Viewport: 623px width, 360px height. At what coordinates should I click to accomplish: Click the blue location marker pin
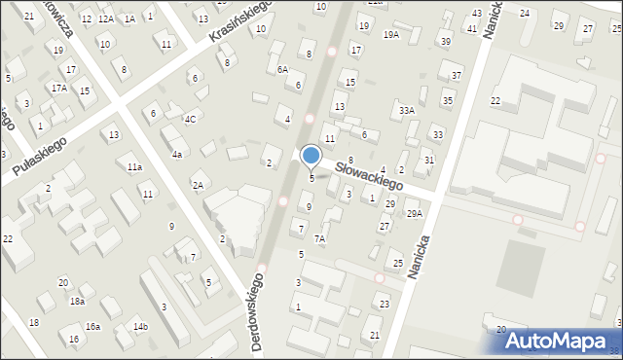(311, 156)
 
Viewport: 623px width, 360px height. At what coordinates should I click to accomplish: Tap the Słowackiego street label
(369, 175)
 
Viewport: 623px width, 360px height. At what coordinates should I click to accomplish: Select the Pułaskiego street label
(39, 160)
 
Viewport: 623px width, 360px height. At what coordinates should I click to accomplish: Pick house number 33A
(407, 111)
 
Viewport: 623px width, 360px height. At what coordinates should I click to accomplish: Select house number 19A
(391, 35)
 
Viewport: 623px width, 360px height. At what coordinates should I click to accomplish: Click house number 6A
(282, 70)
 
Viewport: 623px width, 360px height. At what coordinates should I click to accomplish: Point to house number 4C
(191, 120)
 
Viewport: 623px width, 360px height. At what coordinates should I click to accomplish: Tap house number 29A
(414, 213)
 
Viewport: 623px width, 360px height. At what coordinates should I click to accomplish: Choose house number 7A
(318, 238)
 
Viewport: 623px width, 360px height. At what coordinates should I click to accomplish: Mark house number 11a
(134, 167)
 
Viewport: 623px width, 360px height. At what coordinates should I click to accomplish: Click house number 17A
(59, 88)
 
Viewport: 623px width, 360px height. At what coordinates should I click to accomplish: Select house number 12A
(105, 18)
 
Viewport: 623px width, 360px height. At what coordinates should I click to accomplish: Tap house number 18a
(76, 302)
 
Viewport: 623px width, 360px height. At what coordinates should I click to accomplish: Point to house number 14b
(140, 326)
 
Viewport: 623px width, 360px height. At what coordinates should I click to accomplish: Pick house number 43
(476, 13)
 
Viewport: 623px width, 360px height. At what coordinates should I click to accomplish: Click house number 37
(456, 76)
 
